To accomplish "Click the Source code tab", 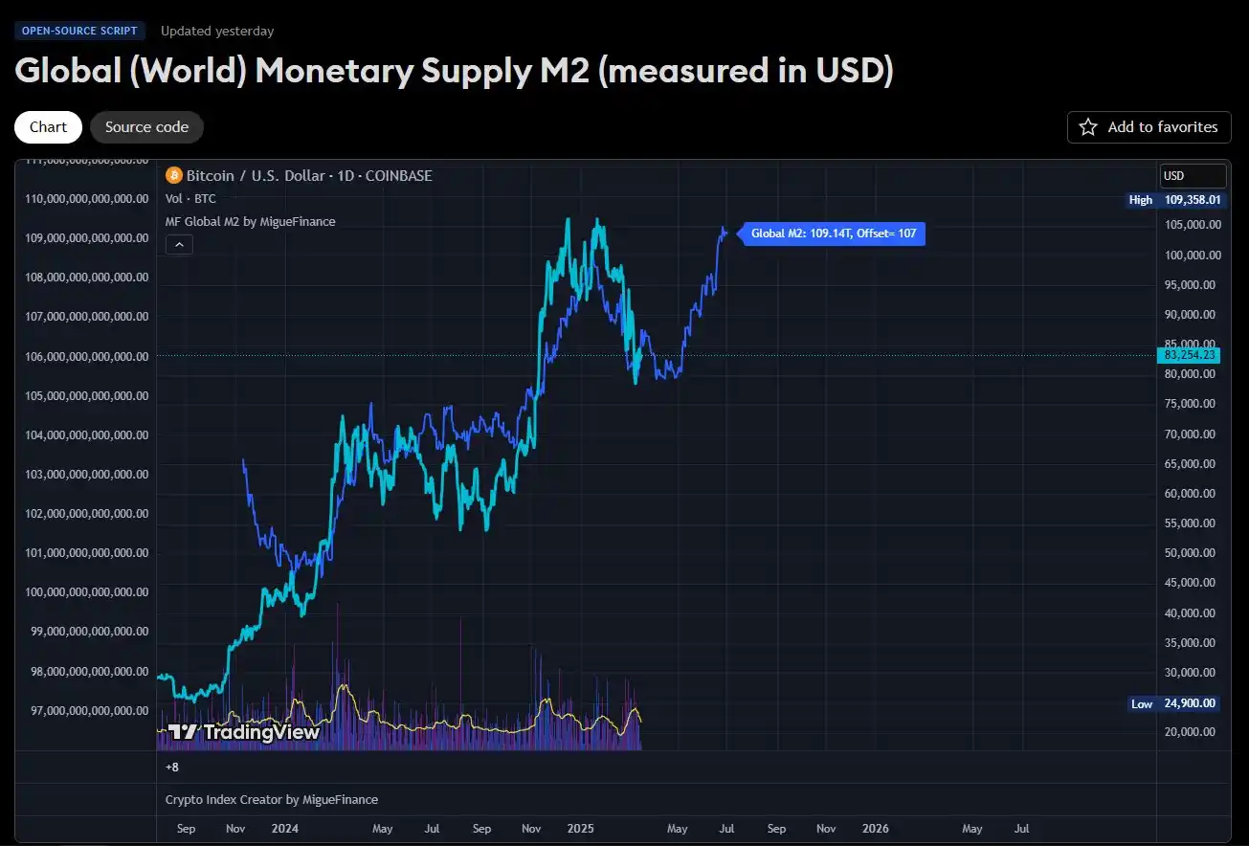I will [146, 127].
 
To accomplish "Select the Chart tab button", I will [48, 127].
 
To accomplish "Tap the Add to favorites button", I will [1149, 127].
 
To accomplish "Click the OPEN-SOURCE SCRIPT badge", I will [80, 31].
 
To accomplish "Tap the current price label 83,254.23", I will [1189, 355].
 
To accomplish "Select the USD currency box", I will [1192, 176].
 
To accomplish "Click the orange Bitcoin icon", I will [173, 175].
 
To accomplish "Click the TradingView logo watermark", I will [243, 732].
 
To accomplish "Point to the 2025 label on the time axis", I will [580, 828].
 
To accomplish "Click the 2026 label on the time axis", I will [875, 828].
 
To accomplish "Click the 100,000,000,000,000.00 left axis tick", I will [86, 592].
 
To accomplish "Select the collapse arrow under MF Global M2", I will [179, 245].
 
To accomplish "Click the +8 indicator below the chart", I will [172, 767].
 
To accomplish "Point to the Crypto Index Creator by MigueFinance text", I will [272, 799].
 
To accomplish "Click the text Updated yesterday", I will [217, 31].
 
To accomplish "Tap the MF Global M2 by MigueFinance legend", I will [251, 221].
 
